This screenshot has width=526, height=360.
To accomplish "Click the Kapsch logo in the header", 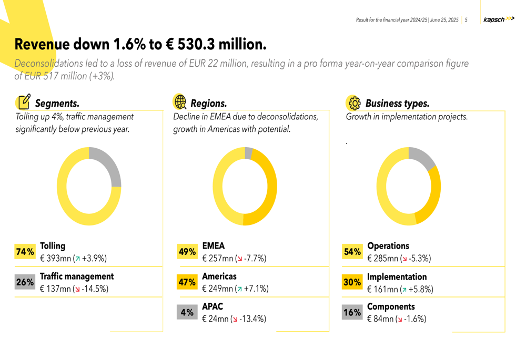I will pos(498,20).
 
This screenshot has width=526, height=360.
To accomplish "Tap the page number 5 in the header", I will pos(466,20).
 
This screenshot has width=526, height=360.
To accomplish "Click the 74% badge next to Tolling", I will pos(25,252).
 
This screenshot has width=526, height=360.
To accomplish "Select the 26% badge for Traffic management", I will pos(25,283).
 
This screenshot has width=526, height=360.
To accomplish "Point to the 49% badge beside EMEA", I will pos(187,252).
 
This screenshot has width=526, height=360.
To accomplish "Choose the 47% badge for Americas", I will pos(187,283).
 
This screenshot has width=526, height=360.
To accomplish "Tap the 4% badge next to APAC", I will pos(187,313).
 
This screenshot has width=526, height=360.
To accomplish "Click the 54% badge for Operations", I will pos(352,252).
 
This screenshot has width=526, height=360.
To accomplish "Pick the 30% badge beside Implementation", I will pos(352,283).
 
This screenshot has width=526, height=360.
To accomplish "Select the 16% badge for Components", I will pos(352,313).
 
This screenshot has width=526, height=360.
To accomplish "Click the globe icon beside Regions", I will pos(180,101).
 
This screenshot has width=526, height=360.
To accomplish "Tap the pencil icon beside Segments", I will pos(24,101).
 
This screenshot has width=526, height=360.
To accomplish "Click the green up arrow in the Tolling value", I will pos(77,259).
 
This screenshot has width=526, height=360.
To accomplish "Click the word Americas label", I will pos(219,276).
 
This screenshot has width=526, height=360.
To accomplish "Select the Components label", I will pos(391,306).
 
